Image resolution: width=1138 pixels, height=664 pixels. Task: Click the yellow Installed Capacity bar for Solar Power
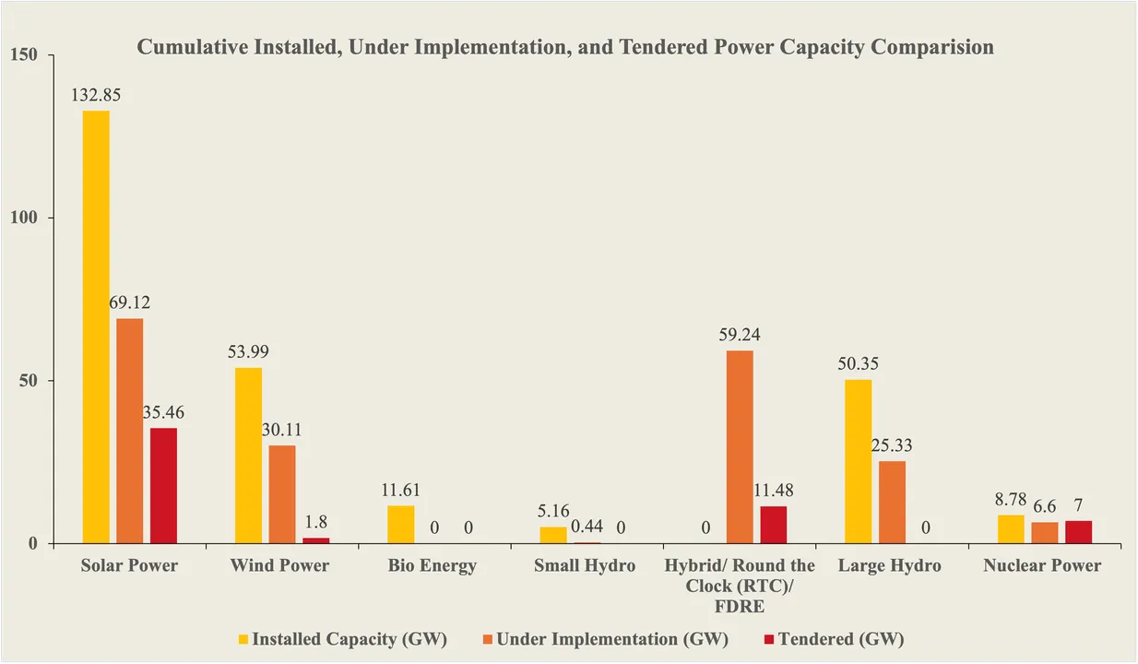coord(96,326)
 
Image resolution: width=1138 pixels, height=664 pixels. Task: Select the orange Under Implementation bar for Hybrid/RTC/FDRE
coord(740,446)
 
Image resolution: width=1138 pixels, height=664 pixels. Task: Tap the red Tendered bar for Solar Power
coord(163,485)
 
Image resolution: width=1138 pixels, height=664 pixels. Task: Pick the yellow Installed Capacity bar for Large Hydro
coord(858,461)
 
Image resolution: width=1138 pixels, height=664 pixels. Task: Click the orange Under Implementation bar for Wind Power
coord(282,494)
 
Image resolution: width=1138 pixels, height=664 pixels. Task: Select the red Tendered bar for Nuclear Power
coord(1078,532)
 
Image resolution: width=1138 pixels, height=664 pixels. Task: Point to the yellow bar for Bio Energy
coord(401,524)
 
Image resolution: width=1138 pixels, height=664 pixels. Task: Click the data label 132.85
coord(96,94)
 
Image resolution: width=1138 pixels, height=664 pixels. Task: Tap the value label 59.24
coord(740,334)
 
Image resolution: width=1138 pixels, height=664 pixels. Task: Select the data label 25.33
coord(892,445)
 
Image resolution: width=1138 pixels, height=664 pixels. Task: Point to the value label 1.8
coord(316,521)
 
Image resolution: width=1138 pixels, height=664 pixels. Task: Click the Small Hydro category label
coord(584,565)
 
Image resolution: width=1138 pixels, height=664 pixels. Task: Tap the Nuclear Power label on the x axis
coord(1042,565)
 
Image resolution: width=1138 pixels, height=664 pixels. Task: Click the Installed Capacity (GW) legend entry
coord(341,639)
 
